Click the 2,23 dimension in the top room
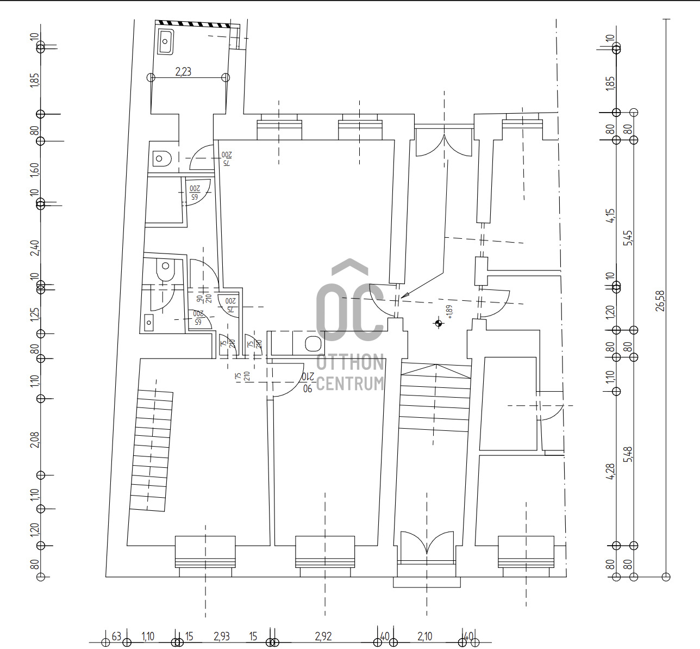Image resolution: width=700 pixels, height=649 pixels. click(x=183, y=71)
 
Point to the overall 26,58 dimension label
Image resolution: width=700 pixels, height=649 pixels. click(x=660, y=300)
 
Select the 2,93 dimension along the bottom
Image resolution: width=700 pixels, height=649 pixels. click(x=222, y=636)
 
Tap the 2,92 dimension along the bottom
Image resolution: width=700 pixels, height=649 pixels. click(x=323, y=636)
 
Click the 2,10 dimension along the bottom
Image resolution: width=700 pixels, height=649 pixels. click(x=424, y=636)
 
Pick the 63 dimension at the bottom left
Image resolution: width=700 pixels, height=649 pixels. click(x=116, y=636)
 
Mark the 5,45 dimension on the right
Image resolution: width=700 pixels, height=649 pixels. click(x=628, y=238)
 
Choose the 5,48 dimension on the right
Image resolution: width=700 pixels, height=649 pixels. click(x=629, y=455)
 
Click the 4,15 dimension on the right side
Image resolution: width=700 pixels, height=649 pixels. click(x=611, y=216)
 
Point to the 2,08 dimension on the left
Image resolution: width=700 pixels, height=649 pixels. click(x=35, y=440)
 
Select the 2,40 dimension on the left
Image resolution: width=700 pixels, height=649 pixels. click(x=35, y=248)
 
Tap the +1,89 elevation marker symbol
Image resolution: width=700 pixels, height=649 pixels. click(x=439, y=324)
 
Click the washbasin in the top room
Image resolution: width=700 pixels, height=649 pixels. click(x=166, y=42)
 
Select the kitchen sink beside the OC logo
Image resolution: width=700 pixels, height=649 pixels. click(x=312, y=344)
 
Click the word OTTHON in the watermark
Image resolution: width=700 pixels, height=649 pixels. click(x=350, y=362)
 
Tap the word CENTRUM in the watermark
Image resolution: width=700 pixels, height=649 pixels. click(x=350, y=383)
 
